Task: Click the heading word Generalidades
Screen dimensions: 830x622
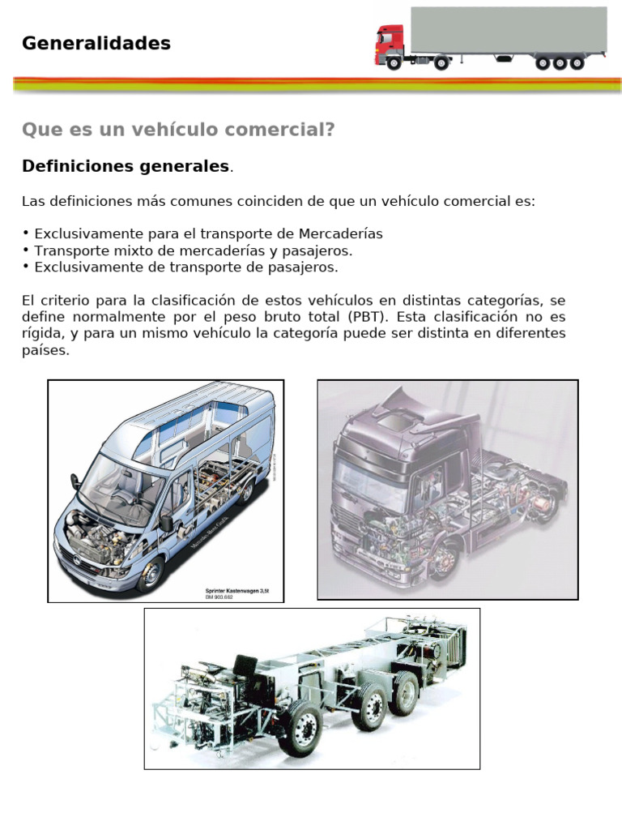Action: pos(96,44)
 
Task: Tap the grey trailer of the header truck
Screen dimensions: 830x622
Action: pos(508,31)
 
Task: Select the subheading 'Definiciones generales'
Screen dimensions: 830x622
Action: pos(126,166)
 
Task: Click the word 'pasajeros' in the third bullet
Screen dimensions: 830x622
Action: pos(304,267)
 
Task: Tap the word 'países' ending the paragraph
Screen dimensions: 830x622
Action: pos(46,352)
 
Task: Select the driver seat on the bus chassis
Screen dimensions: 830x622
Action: pos(244,668)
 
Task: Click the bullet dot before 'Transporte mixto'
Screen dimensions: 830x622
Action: pos(26,250)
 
